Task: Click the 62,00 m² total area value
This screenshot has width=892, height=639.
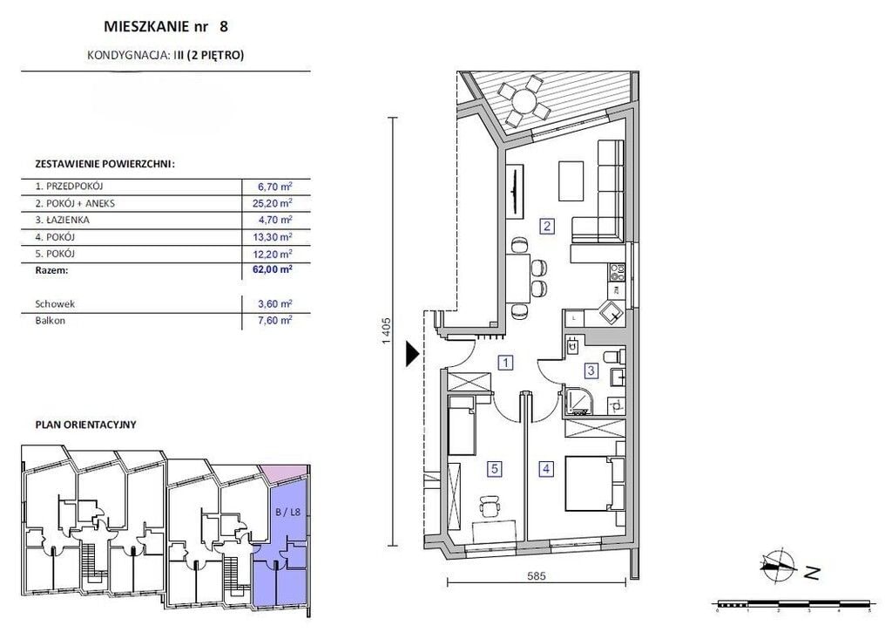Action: tap(272, 269)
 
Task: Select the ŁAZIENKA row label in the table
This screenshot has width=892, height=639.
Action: tap(62, 220)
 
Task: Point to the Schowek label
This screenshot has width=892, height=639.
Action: tap(55, 304)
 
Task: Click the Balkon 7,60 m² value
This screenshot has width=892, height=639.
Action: tap(274, 320)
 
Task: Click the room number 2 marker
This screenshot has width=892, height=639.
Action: tap(547, 226)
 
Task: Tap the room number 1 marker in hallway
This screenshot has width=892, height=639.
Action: tap(505, 362)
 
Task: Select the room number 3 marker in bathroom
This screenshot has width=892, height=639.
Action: tap(591, 370)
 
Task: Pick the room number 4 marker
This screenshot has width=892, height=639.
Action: tap(546, 469)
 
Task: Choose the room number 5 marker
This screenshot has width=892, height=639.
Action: tap(495, 469)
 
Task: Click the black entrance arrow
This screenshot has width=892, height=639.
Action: tap(412, 354)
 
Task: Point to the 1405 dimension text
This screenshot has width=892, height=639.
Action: tap(386, 330)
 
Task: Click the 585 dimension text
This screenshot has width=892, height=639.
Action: tap(536, 575)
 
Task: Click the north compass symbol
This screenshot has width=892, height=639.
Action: tap(778, 567)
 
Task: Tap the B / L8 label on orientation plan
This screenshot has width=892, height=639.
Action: tap(287, 512)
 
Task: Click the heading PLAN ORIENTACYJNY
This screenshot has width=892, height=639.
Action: tap(86, 425)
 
